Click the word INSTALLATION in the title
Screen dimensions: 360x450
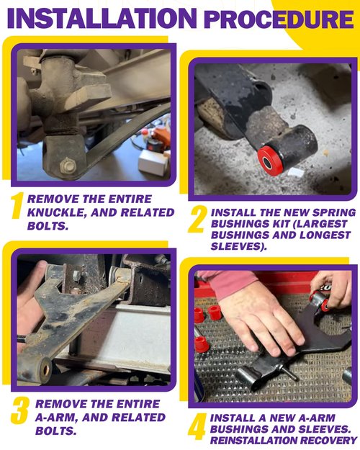click(102, 18)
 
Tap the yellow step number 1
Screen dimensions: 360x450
click(17, 205)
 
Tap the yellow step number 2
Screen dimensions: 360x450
click(197, 219)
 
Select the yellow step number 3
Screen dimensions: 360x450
click(20, 410)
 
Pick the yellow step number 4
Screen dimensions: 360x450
click(197, 426)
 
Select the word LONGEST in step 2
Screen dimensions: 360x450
click(325, 235)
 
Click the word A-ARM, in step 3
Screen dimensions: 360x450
click(56, 418)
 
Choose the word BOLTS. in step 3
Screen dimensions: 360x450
click(56, 431)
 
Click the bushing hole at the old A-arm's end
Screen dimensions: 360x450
click(45, 370)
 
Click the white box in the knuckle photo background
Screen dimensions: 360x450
click(153, 163)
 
